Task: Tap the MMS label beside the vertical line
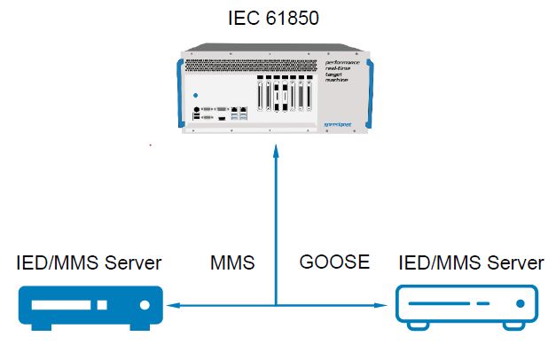[232, 263]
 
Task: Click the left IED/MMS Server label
[90, 263]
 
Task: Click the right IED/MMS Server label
[471, 263]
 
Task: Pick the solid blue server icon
[90, 306]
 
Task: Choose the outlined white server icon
[467, 306]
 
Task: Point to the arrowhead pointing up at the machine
[278, 153]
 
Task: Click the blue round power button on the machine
[195, 95]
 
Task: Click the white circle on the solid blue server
[142, 306]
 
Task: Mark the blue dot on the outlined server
[520, 306]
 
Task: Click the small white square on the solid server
[102, 306]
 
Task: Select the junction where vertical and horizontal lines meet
[278, 307]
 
